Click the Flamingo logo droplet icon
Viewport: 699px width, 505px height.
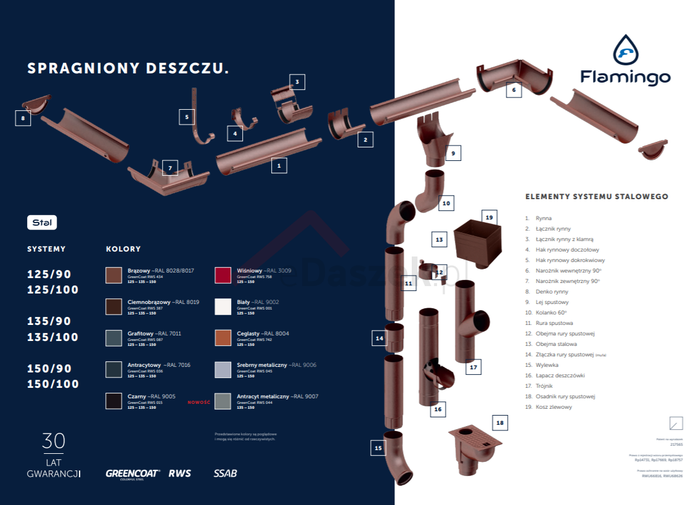coord(625,49)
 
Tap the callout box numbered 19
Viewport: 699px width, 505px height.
coord(489,218)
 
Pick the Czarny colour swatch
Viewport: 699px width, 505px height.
coord(113,401)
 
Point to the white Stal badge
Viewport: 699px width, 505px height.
coord(42,223)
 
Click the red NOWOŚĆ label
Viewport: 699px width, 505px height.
coord(199,402)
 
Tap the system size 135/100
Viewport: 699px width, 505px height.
coord(53,337)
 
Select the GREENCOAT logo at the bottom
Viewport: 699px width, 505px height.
coord(133,474)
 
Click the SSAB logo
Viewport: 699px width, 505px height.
coord(225,474)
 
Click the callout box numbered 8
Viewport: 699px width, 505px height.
coord(23,117)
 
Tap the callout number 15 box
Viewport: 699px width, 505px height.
coord(378,448)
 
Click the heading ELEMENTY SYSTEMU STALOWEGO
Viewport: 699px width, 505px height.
coord(596,197)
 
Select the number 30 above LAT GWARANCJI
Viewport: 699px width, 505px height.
coord(54,441)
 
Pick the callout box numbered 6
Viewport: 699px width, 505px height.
coord(513,90)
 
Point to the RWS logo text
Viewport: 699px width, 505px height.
coord(180,474)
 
